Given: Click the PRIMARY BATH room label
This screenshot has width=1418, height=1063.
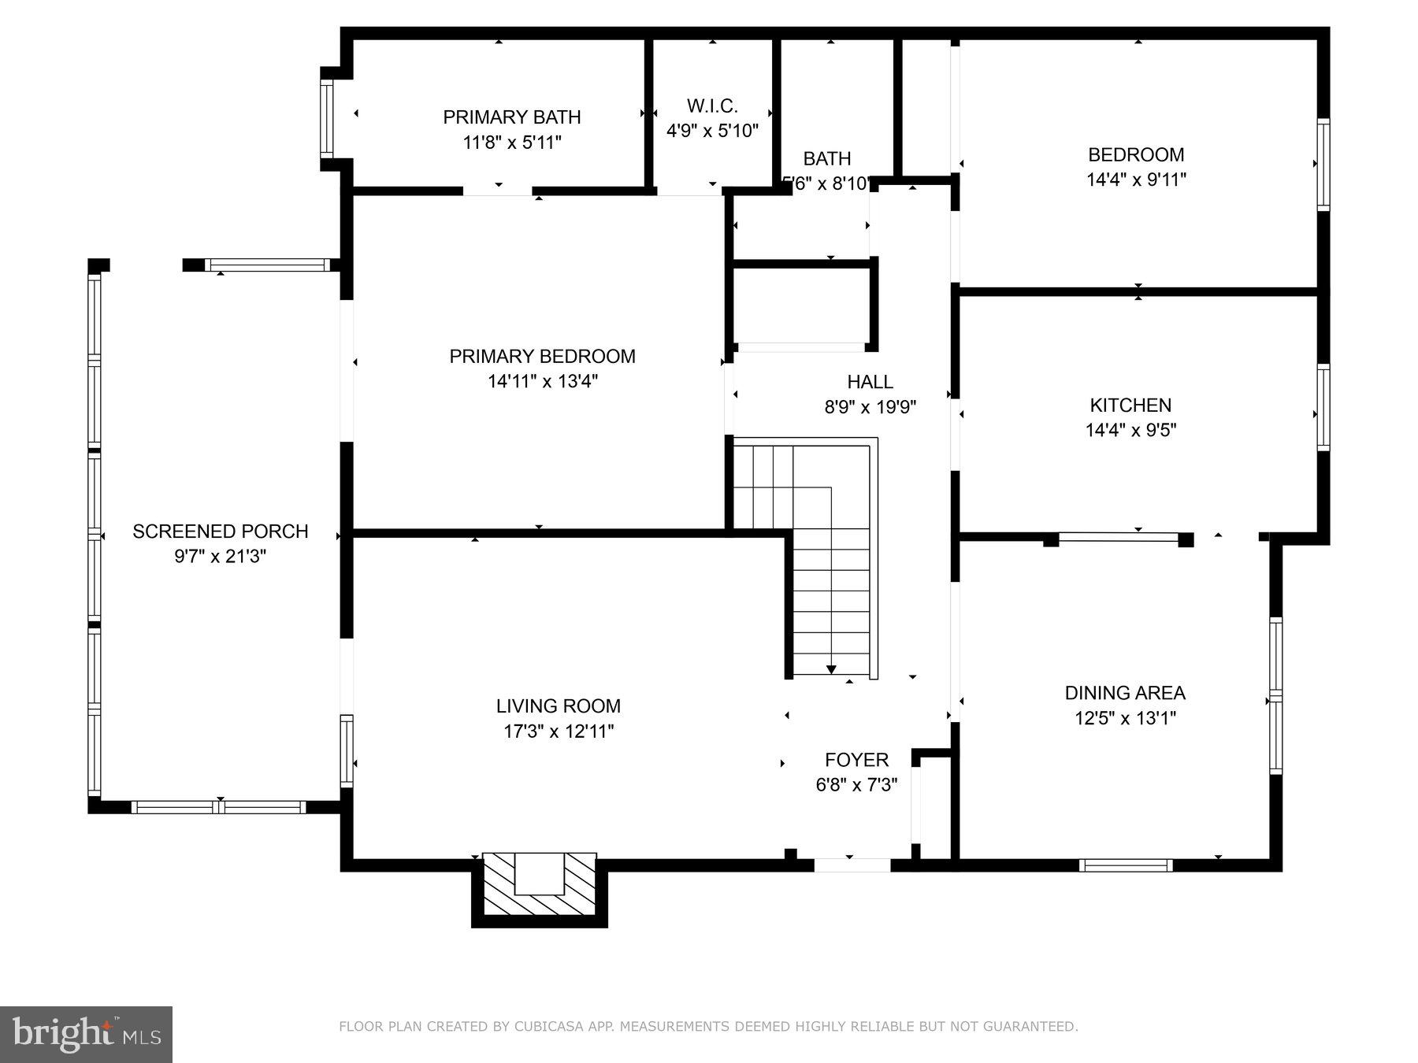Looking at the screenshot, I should click(511, 117).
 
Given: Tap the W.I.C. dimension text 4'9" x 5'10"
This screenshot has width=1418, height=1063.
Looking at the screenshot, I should click(712, 131).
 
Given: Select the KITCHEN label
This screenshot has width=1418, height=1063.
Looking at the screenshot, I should click(1130, 405).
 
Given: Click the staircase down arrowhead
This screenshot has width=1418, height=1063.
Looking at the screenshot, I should click(831, 669).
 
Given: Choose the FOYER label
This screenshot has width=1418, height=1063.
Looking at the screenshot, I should click(856, 760).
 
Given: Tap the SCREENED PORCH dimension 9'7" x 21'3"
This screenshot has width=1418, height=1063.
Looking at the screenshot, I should click(220, 557).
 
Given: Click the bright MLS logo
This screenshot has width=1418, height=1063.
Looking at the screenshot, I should click(86, 1034).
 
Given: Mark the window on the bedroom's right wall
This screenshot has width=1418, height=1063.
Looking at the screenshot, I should click(1323, 165).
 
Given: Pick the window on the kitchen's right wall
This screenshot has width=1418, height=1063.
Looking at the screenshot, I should click(1323, 407).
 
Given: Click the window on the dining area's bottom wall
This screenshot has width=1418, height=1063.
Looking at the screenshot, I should click(1126, 865).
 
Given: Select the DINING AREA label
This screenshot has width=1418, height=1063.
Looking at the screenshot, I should click(1124, 693).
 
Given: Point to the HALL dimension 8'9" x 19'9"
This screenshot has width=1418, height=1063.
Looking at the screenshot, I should click(870, 407).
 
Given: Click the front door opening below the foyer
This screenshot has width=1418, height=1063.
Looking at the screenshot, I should click(852, 865).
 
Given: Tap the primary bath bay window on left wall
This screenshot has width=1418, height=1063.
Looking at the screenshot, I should click(326, 119).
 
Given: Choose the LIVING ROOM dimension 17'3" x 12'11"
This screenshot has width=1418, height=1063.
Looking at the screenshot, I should click(559, 732).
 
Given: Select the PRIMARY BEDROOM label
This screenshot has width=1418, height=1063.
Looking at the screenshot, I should click(542, 357).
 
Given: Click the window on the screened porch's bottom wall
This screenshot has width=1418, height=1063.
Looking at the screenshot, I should click(218, 807).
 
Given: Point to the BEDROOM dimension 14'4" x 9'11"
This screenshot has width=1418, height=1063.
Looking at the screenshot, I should click(1136, 180).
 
